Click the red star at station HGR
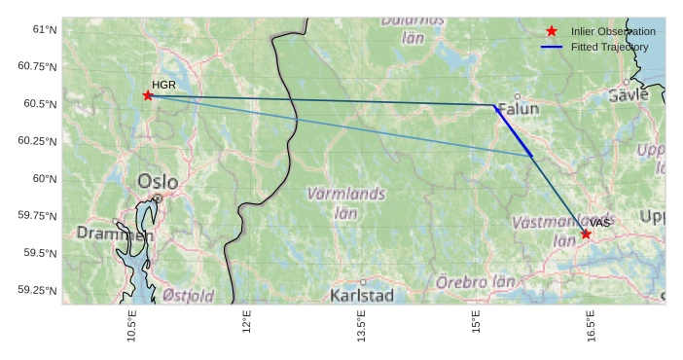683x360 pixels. (148, 94)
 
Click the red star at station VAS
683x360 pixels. (586, 234)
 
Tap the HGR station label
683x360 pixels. (163, 85)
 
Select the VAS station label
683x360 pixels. (599, 223)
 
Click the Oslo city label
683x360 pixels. (158, 181)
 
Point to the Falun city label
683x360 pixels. (518, 110)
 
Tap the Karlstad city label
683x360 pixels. (362, 295)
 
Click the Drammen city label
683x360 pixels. (115, 234)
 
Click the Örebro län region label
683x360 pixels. (475, 282)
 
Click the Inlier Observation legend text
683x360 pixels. (613, 32)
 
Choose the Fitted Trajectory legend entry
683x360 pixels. (609, 47)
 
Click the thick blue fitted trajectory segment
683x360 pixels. (514, 130)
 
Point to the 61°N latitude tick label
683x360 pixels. (45, 29)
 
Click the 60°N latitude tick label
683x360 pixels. (45, 178)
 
